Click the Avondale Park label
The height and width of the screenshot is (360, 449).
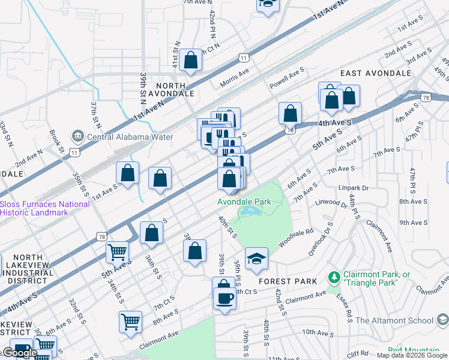(x=244, y=202)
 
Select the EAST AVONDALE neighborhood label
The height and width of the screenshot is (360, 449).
(x=376, y=73)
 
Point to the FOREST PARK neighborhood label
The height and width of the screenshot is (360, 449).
(x=283, y=281)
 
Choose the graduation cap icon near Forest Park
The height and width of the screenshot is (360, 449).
(x=256, y=259)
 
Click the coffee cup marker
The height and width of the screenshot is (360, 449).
(x=224, y=298)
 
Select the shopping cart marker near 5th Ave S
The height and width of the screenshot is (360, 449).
(x=118, y=252)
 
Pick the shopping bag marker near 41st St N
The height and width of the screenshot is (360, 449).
(x=190, y=61)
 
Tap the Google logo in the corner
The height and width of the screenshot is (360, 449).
(x=19, y=353)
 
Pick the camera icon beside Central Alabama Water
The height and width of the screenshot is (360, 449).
(x=77, y=137)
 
